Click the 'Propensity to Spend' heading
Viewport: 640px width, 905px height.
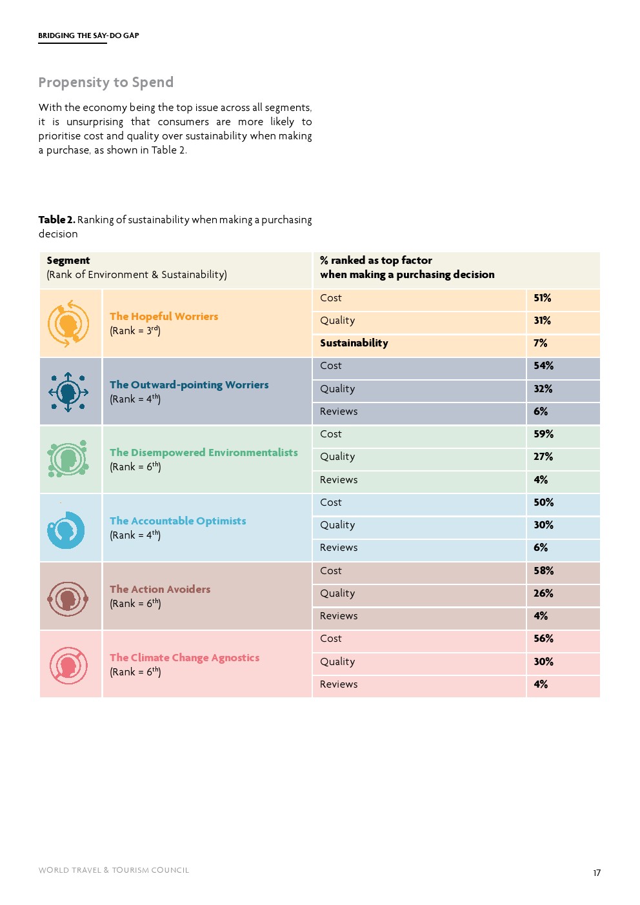click(106, 83)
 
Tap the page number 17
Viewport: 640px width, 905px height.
click(597, 873)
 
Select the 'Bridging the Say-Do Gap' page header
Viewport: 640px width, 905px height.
click(88, 35)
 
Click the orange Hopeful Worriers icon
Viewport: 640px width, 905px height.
click(68, 323)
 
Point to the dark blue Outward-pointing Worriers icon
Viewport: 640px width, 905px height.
click(68, 392)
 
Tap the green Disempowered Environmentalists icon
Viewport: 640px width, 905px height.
click(67, 459)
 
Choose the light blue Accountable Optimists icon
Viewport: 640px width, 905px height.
click(66, 530)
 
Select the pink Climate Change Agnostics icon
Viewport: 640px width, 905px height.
click(68, 665)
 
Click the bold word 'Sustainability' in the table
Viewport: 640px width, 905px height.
click(354, 343)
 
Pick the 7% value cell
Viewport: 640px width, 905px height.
click(541, 343)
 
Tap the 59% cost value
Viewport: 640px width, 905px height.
click(543, 434)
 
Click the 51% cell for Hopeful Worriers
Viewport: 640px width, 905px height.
click(542, 298)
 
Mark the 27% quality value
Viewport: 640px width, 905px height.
click(543, 457)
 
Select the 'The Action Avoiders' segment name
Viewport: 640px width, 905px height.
click(160, 589)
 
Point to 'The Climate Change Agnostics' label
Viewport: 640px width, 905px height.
click(185, 657)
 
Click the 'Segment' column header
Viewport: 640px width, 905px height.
click(68, 261)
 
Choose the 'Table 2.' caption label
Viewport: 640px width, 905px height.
click(57, 220)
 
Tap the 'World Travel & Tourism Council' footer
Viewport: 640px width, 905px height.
click(114, 870)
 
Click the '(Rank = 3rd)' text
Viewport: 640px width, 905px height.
click(135, 331)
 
